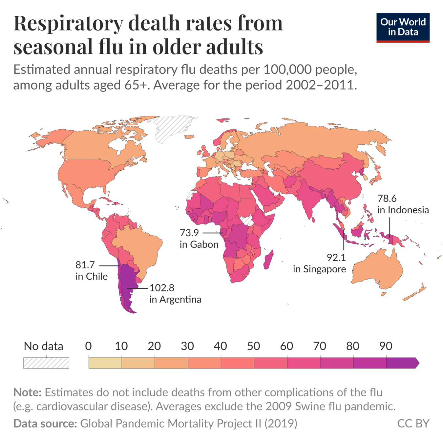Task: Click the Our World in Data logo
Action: pos(403,28)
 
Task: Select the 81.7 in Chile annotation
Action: pos(91,270)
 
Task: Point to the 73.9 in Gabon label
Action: pos(199,239)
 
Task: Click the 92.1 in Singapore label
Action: pos(319,263)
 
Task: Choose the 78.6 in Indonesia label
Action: pos(403,204)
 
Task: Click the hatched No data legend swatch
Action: pos(46,363)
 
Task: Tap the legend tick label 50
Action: pos(253,346)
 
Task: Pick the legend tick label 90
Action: pos(386,346)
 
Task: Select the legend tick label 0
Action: pos(88,346)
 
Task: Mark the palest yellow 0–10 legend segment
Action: pos(105,363)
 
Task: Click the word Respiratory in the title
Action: pos(68,24)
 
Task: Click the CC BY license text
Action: pos(413,423)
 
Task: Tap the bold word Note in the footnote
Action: pos(27,392)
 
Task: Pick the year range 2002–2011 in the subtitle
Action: pos(321,85)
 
